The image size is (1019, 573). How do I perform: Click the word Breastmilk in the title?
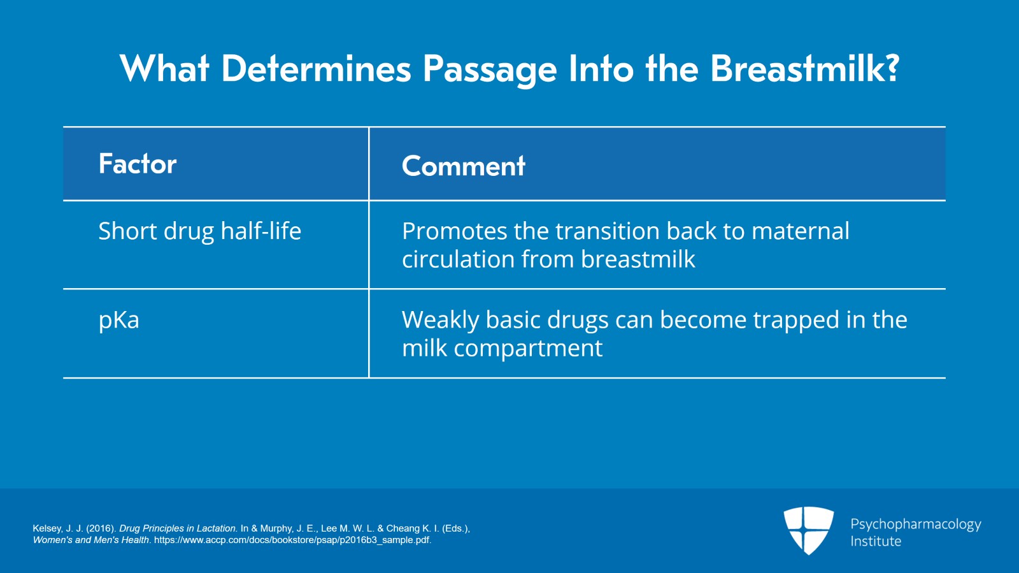tap(795, 68)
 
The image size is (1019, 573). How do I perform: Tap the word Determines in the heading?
tap(316, 68)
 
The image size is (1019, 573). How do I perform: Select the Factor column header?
tap(138, 164)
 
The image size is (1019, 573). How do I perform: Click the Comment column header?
tap(463, 166)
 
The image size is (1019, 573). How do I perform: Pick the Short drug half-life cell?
tap(199, 231)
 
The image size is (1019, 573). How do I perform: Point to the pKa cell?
tap(118, 319)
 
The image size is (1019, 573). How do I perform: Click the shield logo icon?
tap(808, 530)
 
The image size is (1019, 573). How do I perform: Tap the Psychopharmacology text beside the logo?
tap(915, 524)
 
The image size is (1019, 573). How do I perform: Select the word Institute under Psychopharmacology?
tap(876, 541)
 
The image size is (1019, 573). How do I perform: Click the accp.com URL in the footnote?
tap(292, 540)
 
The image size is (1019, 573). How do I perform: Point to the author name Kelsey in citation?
tap(48, 528)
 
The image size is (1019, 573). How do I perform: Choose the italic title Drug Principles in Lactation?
tap(178, 528)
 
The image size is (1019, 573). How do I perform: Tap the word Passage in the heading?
tap(489, 68)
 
